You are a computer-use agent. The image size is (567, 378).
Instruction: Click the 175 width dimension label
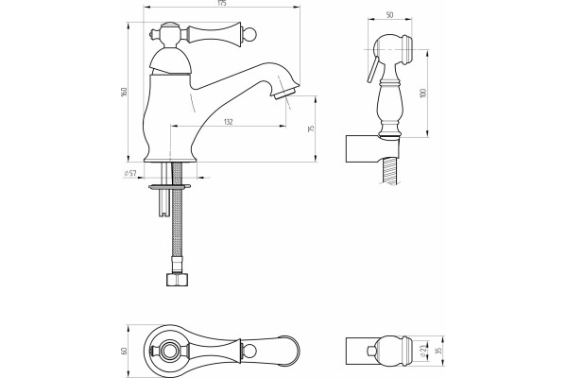point(222,3)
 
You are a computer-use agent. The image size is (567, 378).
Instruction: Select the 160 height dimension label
point(125,92)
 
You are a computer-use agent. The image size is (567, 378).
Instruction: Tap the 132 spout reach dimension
point(228,122)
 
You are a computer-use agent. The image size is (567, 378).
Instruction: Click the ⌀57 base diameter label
point(129,173)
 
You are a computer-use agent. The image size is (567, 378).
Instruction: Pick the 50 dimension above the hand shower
point(389,15)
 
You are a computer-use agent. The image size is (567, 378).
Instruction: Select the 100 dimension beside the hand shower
point(423,93)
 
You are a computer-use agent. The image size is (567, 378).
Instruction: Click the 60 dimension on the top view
point(125,351)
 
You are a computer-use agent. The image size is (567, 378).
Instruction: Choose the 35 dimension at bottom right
point(439,351)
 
